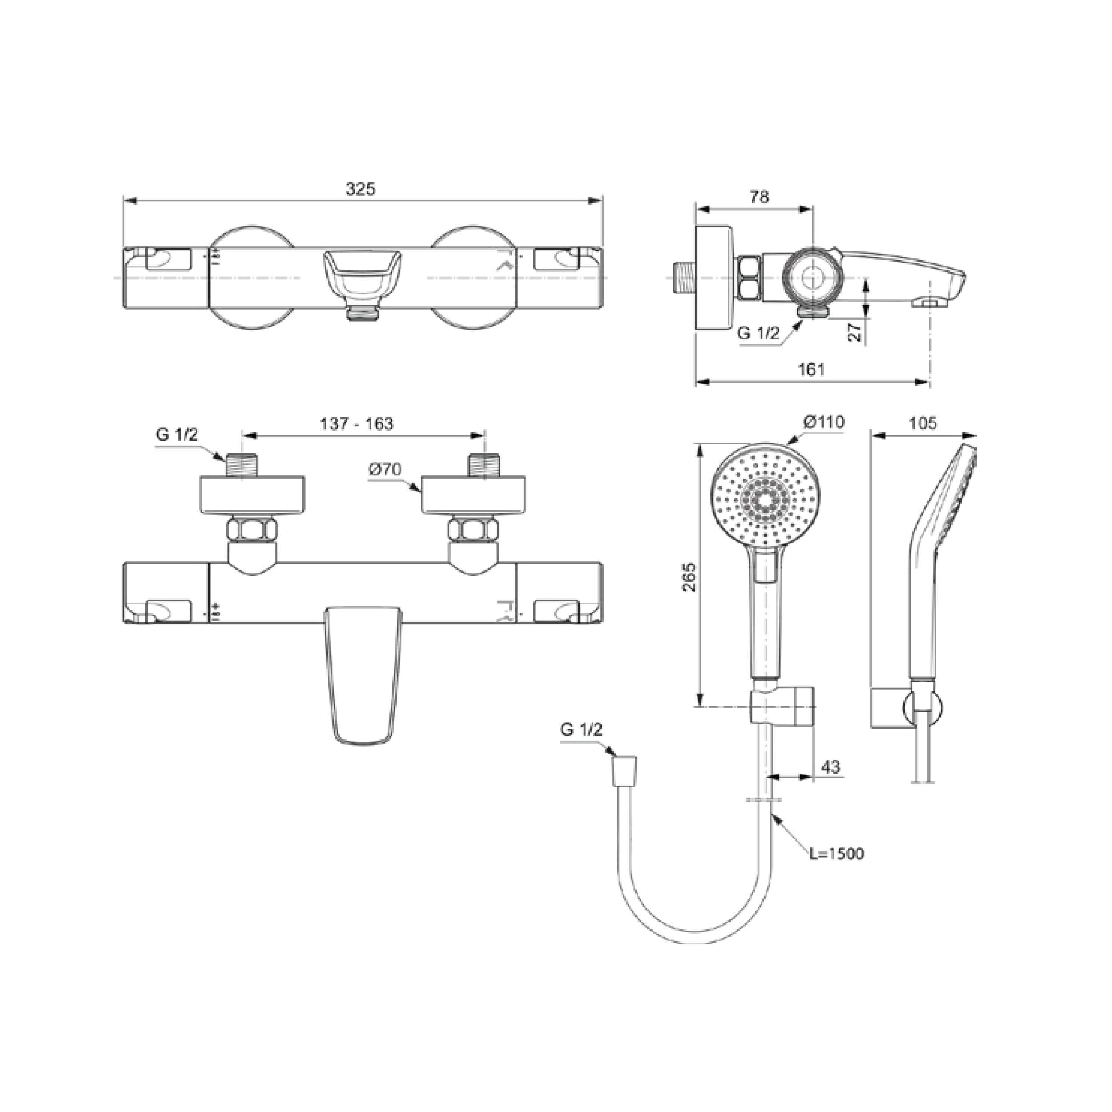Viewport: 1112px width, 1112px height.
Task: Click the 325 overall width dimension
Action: (x=360, y=189)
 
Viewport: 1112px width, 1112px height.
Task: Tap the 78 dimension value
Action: (x=759, y=197)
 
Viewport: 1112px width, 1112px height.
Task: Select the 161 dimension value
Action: (x=812, y=370)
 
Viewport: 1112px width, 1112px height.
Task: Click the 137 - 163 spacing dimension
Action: (x=357, y=423)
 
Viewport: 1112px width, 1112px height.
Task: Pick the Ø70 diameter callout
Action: (x=385, y=470)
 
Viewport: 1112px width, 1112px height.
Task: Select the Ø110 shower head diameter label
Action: (x=824, y=422)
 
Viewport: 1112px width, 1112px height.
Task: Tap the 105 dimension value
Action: (x=923, y=423)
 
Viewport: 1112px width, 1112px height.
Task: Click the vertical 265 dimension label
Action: (x=689, y=577)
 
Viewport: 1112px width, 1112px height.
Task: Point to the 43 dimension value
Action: (x=830, y=767)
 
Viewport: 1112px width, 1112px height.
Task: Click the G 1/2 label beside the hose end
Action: (x=581, y=730)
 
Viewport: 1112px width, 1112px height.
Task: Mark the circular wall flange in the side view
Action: (x=715, y=278)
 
